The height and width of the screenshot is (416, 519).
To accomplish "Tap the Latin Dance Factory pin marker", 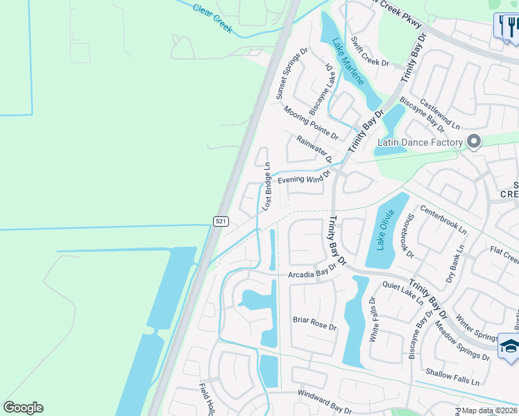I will tap(474, 141).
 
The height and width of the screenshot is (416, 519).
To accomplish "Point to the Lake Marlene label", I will tap(348, 61).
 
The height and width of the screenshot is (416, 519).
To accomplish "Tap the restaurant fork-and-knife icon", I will tap(507, 27).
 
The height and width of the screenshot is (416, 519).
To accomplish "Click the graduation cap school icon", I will tap(509, 347).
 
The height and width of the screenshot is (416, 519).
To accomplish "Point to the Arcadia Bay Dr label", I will tap(316, 274).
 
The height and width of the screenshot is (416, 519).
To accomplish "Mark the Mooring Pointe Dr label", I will tap(310, 121).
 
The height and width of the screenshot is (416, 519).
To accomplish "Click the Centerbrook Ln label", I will tap(443, 218).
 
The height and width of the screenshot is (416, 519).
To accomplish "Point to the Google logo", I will tap(23, 408).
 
